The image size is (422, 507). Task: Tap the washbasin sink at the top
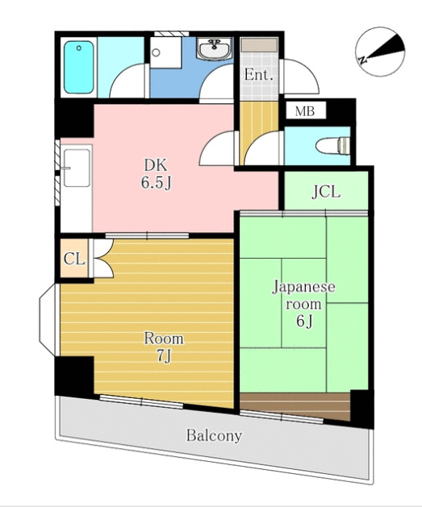(x=215, y=49)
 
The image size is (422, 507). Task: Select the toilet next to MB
(x=335, y=146)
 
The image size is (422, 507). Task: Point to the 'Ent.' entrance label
(x=258, y=76)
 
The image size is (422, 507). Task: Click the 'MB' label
(x=305, y=111)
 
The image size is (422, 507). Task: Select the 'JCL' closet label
(x=326, y=192)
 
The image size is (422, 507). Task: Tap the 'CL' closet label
(x=73, y=260)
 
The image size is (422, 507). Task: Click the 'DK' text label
(x=156, y=166)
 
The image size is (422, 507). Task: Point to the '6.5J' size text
(x=156, y=183)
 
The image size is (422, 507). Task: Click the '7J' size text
(x=164, y=355)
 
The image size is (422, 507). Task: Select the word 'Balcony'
(x=214, y=436)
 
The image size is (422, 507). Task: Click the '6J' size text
(x=304, y=322)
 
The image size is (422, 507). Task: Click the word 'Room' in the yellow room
(x=164, y=338)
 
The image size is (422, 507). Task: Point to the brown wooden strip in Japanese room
(x=295, y=401)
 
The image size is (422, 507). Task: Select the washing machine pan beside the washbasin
(x=167, y=56)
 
